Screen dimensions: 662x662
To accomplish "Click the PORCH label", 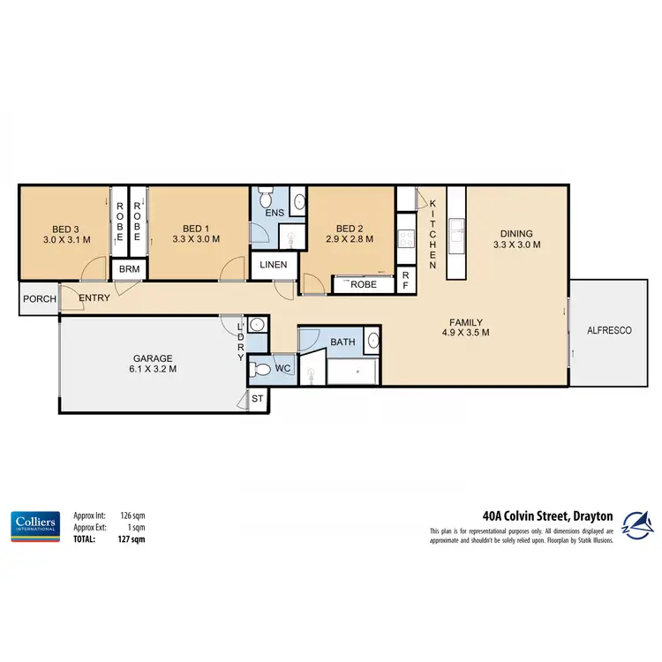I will [39, 299].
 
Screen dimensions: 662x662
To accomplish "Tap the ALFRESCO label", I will [609, 329].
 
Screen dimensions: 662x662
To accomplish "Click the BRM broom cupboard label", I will [129, 268].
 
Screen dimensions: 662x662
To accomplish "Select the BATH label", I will [342, 342].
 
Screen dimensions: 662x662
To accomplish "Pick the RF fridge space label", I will [406, 281].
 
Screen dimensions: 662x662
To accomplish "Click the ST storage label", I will [259, 400].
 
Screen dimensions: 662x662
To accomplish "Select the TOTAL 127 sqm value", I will [132, 538].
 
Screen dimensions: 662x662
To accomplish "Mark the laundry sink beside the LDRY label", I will [257, 324].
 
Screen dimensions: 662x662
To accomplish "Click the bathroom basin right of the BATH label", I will [372, 342].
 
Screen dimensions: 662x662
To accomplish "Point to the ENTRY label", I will [94, 298].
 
